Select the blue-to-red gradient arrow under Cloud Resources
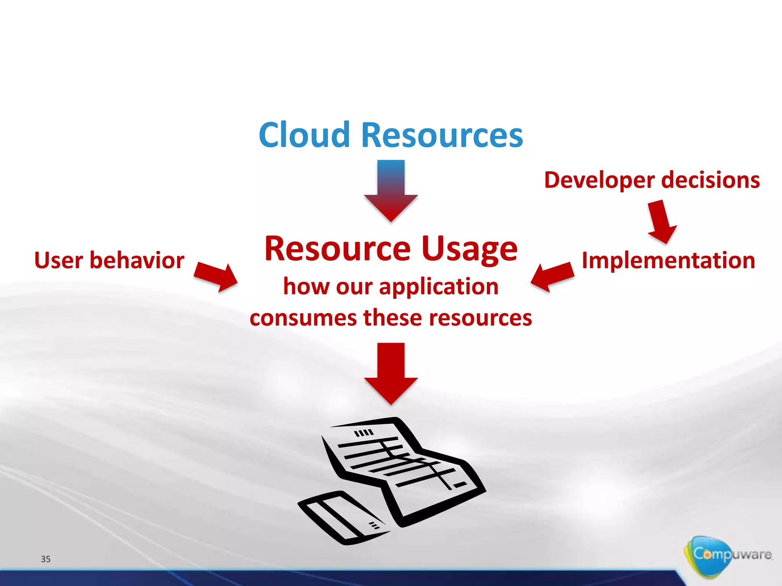[x=391, y=191]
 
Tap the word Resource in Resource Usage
[x=338, y=249]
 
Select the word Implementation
[x=668, y=261]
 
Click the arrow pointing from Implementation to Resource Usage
[x=552, y=277]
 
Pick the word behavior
[x=137, y=261]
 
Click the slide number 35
[x=45, y=559]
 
